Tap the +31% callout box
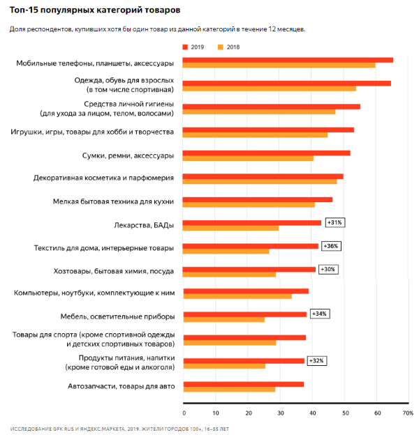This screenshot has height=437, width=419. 334,222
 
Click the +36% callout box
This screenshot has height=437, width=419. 330,245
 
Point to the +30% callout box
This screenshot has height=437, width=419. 328,269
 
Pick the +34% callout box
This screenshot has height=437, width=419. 318,314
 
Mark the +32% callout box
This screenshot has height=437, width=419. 316,360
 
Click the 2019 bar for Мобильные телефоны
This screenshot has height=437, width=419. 288,60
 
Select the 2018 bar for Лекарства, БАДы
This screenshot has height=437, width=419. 231,228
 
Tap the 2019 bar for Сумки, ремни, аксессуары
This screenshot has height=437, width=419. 267,153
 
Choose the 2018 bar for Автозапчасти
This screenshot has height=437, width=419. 230,389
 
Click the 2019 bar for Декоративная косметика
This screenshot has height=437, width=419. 263,176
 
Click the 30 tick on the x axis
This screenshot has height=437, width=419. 280,413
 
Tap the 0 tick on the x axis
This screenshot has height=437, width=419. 184,413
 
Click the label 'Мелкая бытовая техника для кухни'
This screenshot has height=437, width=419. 113,201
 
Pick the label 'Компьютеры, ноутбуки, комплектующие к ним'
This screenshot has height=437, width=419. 94,293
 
